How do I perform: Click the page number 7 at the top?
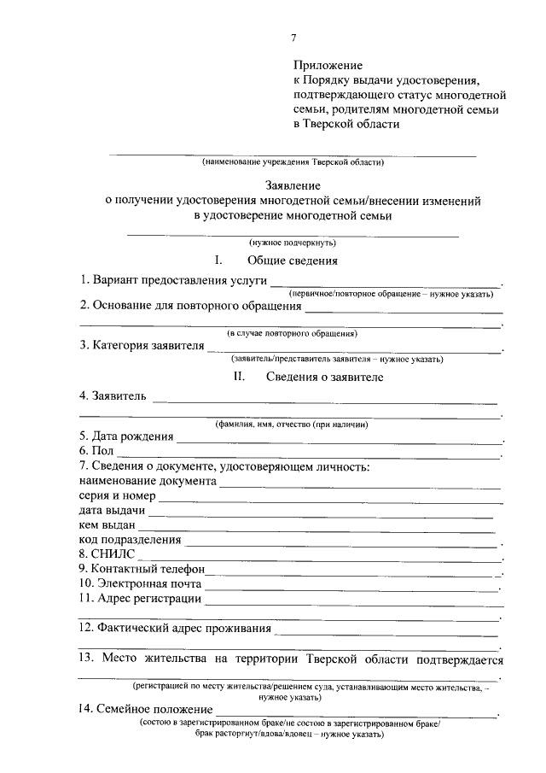click(293, 38)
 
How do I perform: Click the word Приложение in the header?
click(328, 65)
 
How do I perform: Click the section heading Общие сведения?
click(293, 261)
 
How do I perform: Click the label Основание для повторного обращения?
click(190, 306)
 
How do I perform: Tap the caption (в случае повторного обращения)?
click(293, 333)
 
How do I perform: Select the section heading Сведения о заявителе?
click(324, 377)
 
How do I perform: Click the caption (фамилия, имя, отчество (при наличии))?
click(292, 425)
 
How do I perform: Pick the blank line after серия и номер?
click(328, 498)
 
